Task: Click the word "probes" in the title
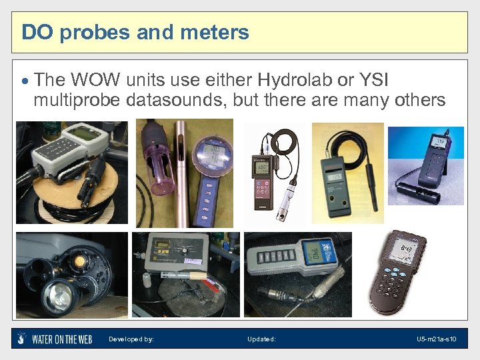point(90,32)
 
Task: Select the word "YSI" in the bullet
point(371,81)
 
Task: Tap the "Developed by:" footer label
point(131,339)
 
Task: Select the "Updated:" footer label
point(261,339)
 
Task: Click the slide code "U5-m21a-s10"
point(437,339)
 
